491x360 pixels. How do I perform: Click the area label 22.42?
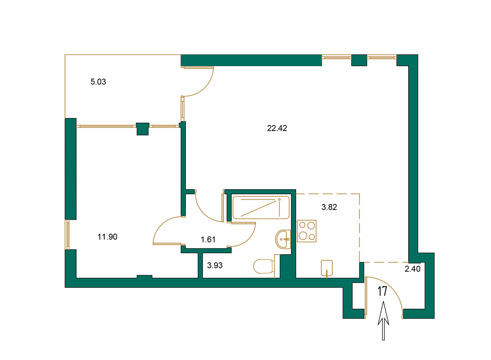pyautogui.click(x=277, y=129)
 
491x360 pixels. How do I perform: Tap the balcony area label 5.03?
pyautogui.click(x=98, y=82)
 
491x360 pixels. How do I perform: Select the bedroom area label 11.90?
pyautogui.click(x=108, y=237)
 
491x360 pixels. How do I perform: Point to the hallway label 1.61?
pyautogui.click(x=208, y=240)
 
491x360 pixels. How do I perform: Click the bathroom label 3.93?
pyautogui.click(x=215, y=266)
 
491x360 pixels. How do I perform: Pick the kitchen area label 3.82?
pyautogui.click(x=329, y=208)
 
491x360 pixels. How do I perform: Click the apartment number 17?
pyautogui.click(x=382, y=292)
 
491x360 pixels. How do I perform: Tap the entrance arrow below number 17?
pyautogui.click(x=383, y=322)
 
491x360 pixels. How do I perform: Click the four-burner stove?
pyautogui.click(x=306, y=231)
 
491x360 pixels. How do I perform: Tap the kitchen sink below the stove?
pyautogui.click(x=327, y=268)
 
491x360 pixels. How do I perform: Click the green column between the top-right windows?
pyautogui.click(x=359, y=60)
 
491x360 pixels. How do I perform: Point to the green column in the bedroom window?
pyautogui.click(x=142, y=129)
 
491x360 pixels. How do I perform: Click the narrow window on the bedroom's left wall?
pyautogui.click(x=68, y=234)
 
